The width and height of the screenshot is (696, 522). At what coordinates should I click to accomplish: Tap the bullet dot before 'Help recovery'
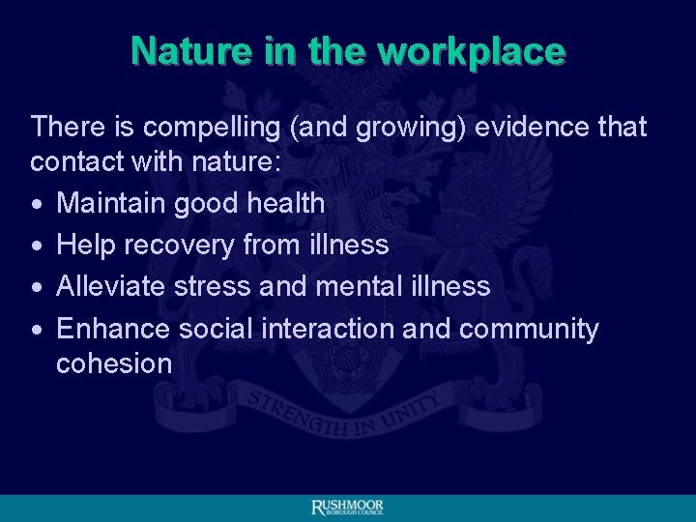click(x=36, y=246)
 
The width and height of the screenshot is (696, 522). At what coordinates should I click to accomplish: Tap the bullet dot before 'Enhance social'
click(x=36, y=330)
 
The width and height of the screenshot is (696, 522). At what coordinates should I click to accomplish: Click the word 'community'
click(x=529, y=329)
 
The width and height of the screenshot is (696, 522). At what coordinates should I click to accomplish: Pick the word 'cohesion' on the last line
click(x=114, y=363)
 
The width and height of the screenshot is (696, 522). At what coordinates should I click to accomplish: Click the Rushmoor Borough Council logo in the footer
click(x=347, y=507)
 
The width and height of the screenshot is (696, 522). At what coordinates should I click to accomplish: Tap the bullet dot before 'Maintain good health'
click(x=36, y=204)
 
